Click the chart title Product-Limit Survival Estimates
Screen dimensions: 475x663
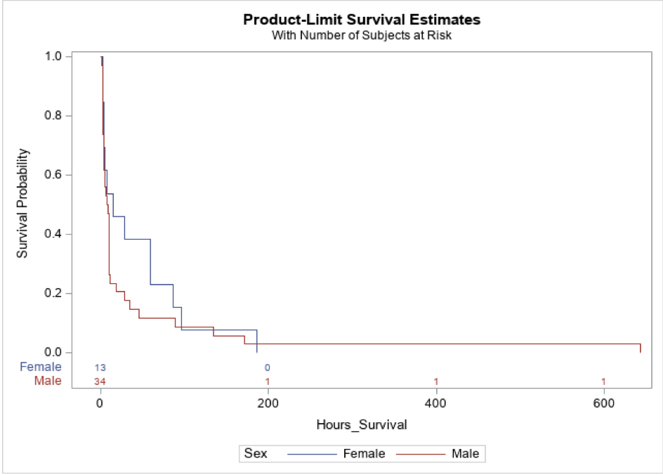362,19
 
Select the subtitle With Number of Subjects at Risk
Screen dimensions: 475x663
362,36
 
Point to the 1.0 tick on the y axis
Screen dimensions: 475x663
53,56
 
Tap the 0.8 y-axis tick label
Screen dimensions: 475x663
53,115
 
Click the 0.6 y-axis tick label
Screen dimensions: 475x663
53,174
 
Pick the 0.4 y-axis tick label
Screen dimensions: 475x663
53,234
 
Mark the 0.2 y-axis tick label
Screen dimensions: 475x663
53,293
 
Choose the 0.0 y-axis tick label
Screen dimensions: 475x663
53,352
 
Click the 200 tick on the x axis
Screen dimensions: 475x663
268,403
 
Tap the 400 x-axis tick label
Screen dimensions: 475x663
436,403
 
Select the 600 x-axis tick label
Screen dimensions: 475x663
603,403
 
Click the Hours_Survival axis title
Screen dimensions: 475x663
362,424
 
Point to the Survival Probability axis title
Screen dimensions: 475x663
23,203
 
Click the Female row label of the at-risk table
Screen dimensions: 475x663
41,367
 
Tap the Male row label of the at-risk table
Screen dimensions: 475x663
48,381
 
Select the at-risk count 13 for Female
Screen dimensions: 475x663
100,367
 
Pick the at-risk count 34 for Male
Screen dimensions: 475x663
100,382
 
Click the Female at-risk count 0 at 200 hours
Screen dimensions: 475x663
268,367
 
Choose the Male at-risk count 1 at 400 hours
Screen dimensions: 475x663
436,382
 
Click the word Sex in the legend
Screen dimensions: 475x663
256,454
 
